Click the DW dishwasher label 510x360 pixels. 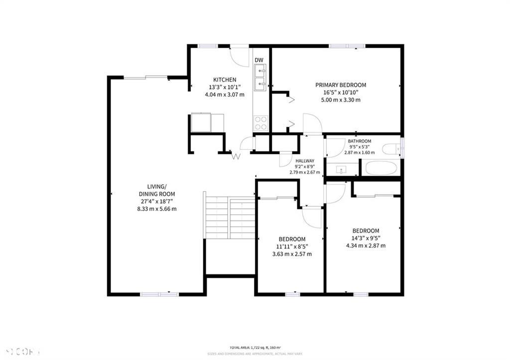click(x=259, y=61)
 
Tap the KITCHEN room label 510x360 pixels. click(x=225, y=80)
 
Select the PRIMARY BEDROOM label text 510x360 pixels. click(x=341, y=85)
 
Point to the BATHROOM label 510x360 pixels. click(x=359, y=141)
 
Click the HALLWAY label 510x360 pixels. click(x=305, y=161)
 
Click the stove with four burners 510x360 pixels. click(x=261, y=122)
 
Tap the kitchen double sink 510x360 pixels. click(x=260, y=78)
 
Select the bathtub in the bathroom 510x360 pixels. click(x=381, y=168)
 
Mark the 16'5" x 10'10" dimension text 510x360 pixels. click(x=341, y=93)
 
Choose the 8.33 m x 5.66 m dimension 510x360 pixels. click(x=157, y=209)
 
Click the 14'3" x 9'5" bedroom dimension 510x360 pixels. click(x=366, y=238)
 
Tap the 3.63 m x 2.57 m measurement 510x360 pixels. click(x=292, y=254)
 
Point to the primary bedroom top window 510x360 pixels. click(x=347, y=46)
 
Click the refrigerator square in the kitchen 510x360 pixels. click(x=201, y=122)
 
